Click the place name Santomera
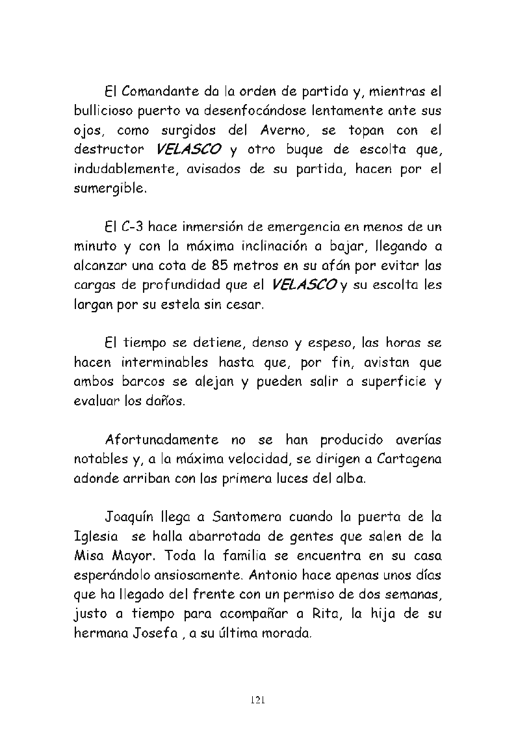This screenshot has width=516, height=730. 244,517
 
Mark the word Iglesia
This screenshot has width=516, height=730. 96,537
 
